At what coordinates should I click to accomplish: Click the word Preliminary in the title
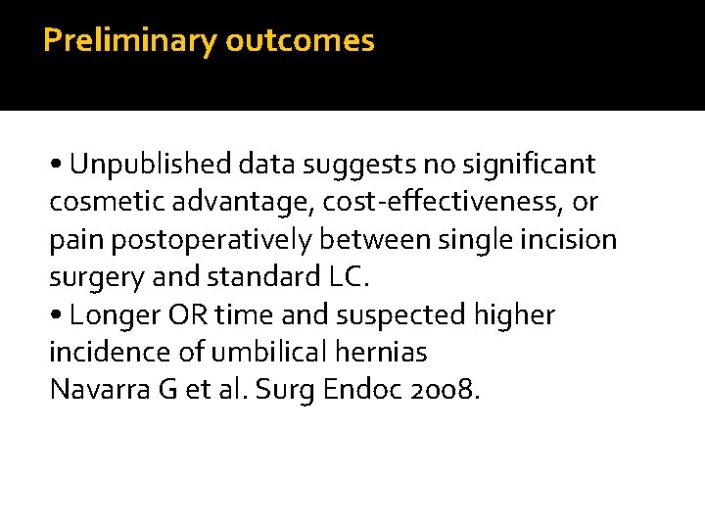130,41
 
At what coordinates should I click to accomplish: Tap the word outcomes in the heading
300,41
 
